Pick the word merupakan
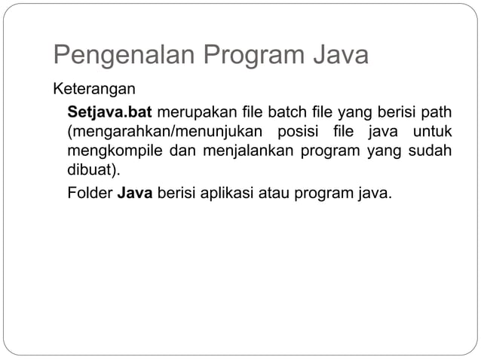[191, 113]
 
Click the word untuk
[433, 133]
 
